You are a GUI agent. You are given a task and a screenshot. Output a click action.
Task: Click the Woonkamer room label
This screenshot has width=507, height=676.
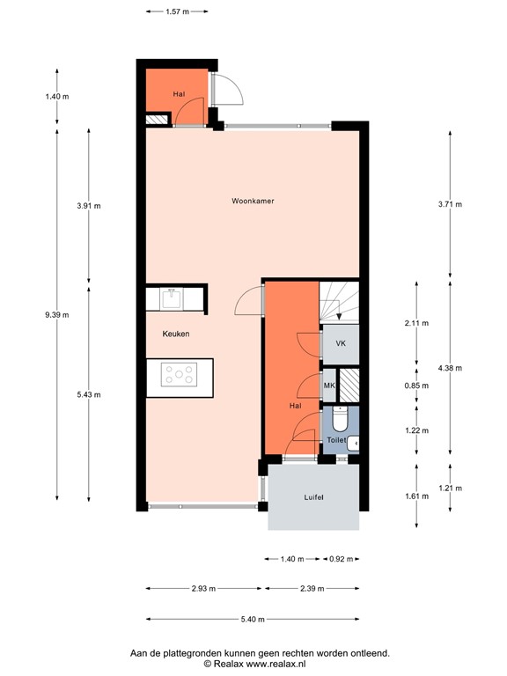(x=253, y=201)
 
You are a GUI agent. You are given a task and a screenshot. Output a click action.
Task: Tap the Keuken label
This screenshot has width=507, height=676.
(x=176, y=334)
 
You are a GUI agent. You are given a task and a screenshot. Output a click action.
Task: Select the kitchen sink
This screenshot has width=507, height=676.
(x=172, y=298)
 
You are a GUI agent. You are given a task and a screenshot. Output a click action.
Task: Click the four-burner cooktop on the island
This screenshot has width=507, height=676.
(x=180, y=374)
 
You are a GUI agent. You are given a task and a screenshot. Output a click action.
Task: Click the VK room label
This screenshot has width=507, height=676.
(x=341, y=343)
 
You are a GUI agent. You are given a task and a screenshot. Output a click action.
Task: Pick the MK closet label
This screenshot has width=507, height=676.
(x=329, y=386)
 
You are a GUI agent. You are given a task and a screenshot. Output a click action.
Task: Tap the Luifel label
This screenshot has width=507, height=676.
(x=313, y=497)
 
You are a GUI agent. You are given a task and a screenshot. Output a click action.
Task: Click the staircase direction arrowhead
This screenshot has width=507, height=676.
(x=339, y=317)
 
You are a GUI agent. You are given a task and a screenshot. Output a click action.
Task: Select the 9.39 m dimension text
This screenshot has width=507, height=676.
(x=57, y=315)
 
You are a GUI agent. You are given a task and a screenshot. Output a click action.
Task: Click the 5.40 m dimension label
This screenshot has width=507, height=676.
(x=253, y=619)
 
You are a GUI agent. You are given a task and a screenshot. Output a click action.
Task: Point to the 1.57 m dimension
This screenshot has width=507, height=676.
(x=177, y=11)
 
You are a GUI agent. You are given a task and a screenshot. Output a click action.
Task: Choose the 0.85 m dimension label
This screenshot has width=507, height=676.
(x=416, y=386)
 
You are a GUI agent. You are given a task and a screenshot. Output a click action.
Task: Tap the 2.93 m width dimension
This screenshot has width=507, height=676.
(x=203, y=588)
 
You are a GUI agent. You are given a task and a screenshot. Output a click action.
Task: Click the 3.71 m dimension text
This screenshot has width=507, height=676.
(x=450, y=204)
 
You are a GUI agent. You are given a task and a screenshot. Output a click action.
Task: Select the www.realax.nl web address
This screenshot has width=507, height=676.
(x=276, y=664)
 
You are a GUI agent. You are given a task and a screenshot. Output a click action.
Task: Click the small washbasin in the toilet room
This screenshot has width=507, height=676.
(x=354, y=443)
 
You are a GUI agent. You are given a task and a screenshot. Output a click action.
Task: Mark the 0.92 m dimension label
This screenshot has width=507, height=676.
(x=341, y=559)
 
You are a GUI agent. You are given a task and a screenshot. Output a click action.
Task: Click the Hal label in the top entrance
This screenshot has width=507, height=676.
(x=179, y=94)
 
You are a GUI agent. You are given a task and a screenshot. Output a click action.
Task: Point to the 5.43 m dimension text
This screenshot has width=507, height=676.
(x=89, y=394)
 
